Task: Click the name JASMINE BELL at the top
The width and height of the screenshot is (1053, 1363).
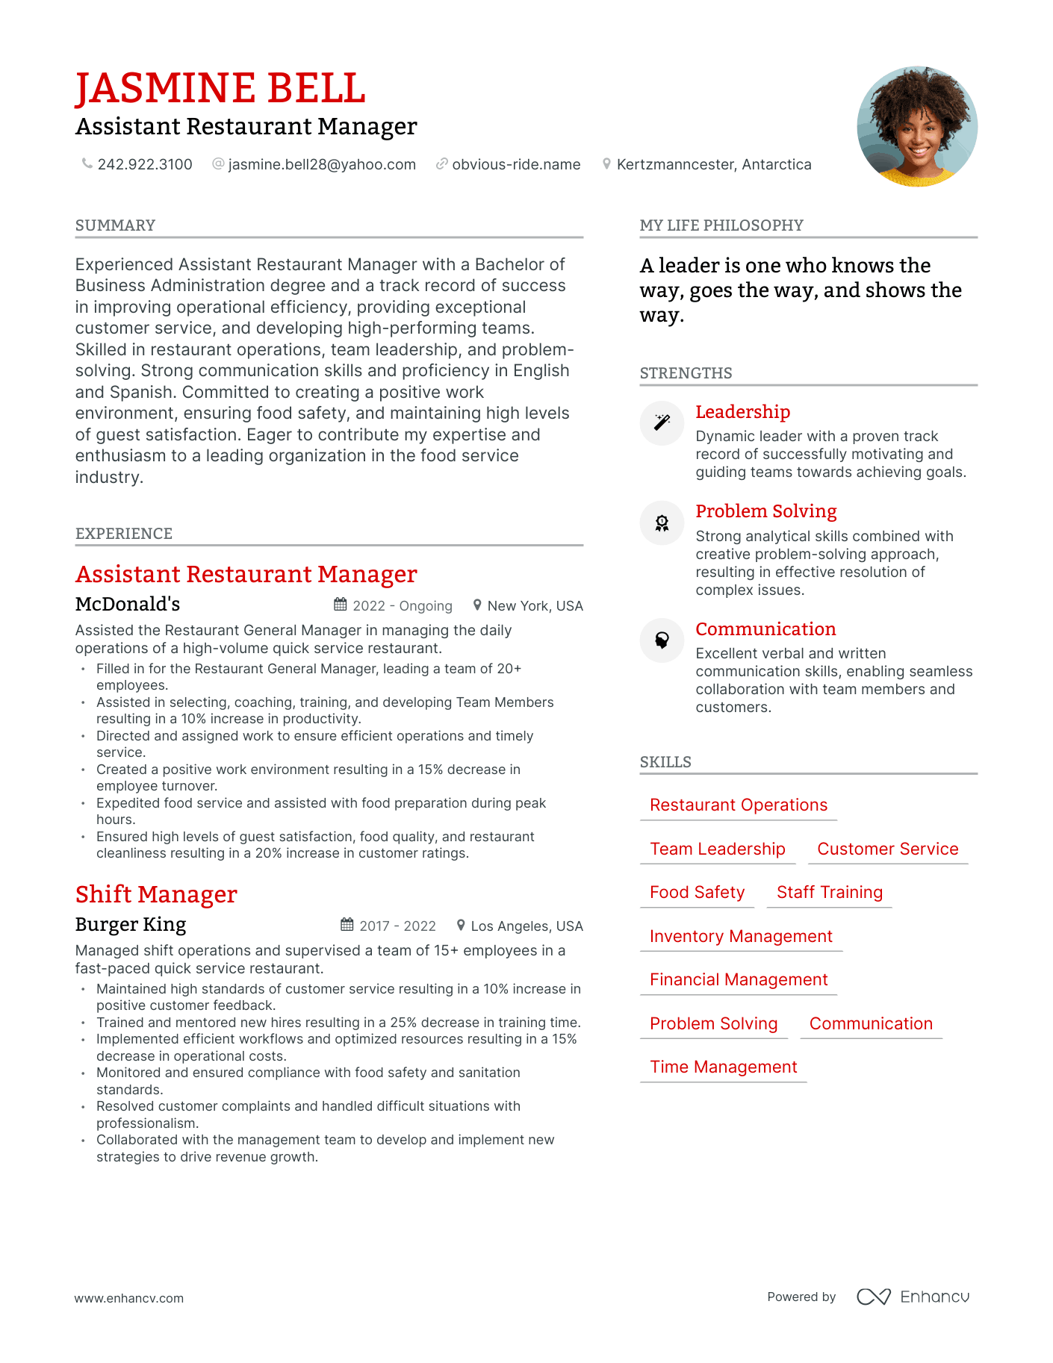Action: (220, 88)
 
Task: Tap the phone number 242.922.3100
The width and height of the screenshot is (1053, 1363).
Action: (145, 164)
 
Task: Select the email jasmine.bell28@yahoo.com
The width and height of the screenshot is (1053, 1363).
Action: (322, 164)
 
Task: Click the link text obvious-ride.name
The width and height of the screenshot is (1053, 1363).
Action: (516, 164)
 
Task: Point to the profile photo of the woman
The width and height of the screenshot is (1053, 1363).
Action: (916, 126)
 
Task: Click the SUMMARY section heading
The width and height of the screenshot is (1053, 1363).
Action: (115, 225)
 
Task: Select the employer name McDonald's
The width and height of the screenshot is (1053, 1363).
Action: (128, 604)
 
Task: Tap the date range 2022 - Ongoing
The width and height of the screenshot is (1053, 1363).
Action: (403, 605)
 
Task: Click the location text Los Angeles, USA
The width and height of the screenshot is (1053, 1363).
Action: (526, 926)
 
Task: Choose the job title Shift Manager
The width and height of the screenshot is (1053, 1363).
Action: (156, 893)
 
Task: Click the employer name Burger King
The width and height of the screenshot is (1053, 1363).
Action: (131, 924)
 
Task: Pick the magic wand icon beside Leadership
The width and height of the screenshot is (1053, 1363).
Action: (662, 422)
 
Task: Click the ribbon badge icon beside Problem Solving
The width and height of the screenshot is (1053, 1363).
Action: (662, 523)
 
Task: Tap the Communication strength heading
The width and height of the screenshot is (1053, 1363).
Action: (765, 629)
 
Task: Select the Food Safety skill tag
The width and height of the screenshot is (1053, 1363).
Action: (697, 892)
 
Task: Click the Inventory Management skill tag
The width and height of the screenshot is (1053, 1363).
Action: (741, 936)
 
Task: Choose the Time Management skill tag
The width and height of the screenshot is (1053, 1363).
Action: (723, 1067)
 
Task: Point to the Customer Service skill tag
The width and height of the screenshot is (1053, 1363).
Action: (887, 849)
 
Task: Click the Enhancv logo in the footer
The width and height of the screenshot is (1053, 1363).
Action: (913, 1297)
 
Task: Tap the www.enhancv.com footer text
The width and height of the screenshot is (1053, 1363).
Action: (128, 1298)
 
